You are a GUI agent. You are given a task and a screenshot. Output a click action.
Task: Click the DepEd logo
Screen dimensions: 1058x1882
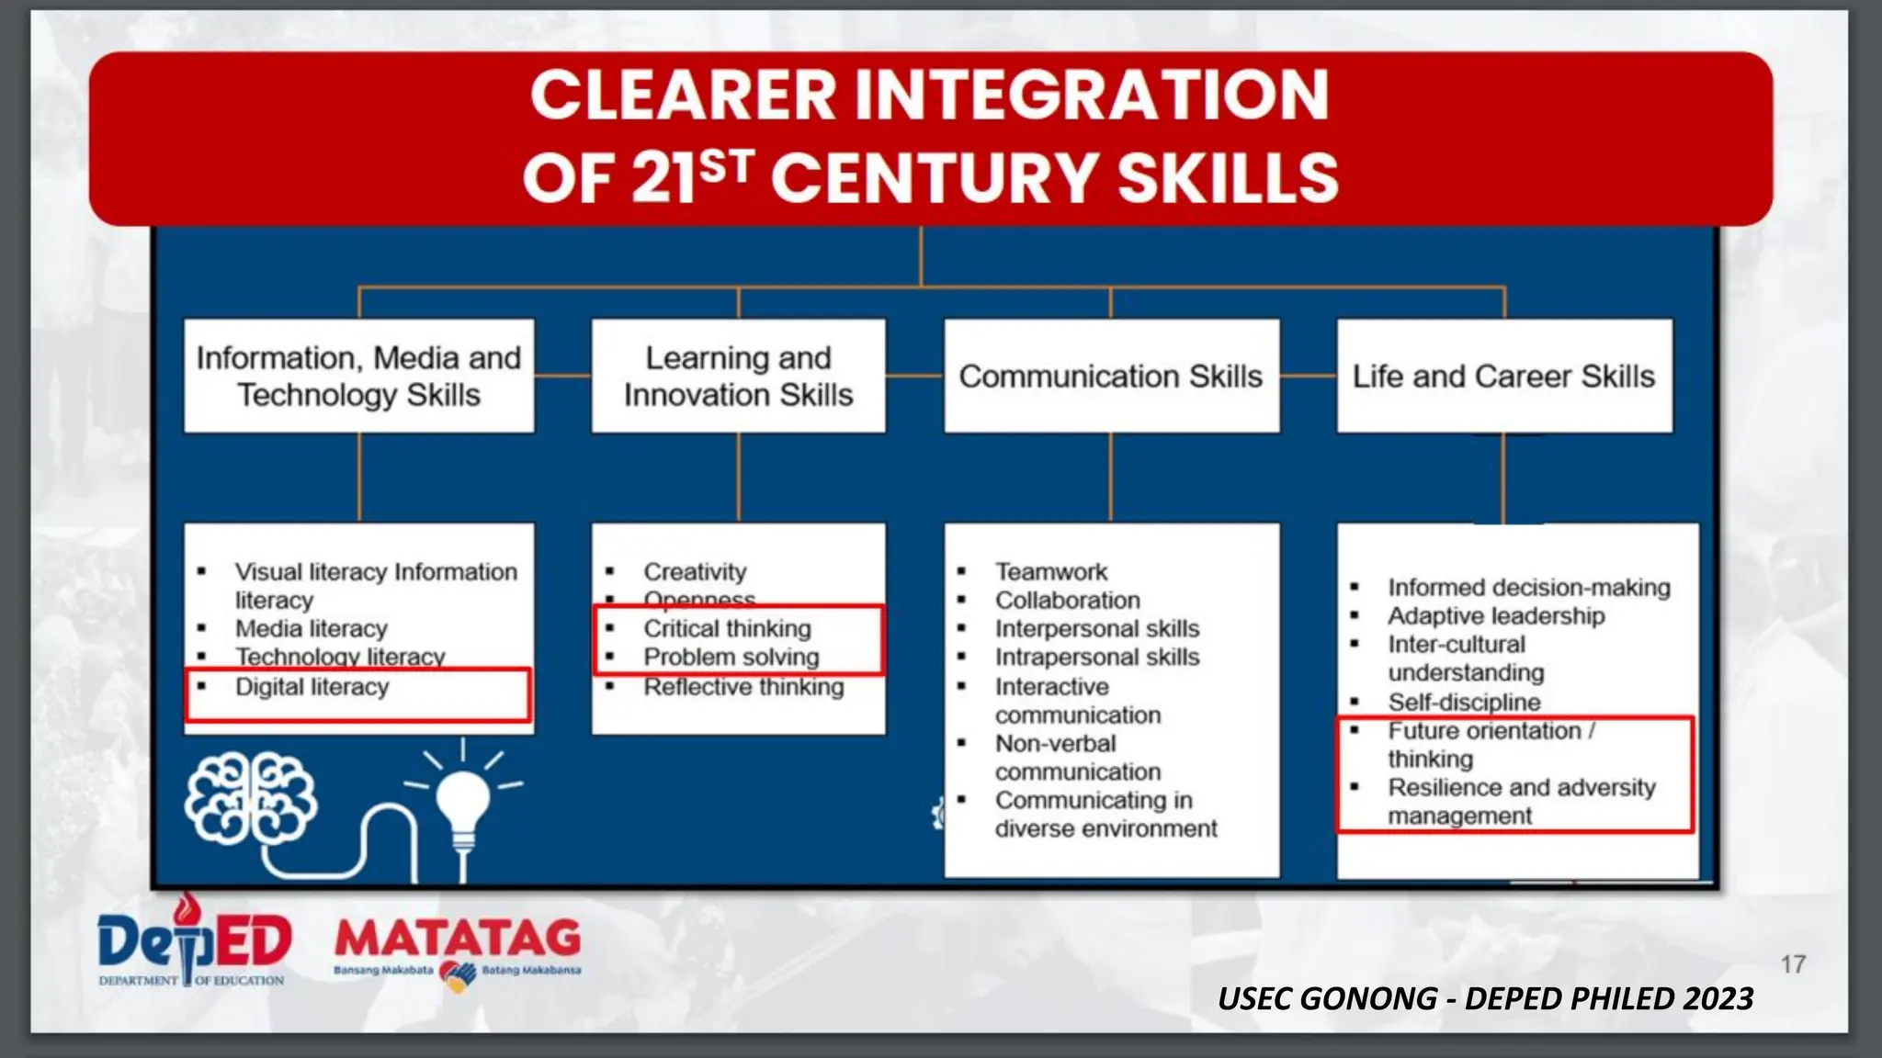click(194, 945)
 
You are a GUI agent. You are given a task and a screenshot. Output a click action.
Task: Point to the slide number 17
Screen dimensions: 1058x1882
click(1793, 964)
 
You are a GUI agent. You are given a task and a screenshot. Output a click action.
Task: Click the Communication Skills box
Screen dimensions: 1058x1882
click(1110, 377)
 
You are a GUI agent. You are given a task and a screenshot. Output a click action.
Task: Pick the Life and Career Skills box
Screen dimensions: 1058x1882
click(1503, 377)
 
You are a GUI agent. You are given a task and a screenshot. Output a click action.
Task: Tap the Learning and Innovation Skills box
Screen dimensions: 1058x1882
click(738, 377)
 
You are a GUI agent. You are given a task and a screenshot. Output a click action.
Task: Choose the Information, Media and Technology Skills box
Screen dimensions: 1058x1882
click(358, 377)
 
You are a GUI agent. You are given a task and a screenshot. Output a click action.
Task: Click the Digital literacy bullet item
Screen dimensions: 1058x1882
click(312, 687)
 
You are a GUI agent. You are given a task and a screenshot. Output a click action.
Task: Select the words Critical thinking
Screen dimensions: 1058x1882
click(727, 629)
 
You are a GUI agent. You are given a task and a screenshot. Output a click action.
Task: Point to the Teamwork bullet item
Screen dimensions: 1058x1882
click(1051, 572)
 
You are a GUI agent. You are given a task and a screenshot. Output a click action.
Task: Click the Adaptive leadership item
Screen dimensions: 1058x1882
click(1496, 616)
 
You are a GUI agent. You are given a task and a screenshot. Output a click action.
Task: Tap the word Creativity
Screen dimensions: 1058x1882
click(695, 572)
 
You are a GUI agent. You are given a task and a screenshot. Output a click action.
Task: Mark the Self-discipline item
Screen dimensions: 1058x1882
click(1464, 703)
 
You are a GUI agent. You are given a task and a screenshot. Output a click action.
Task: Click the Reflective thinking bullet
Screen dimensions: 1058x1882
click(743, 687)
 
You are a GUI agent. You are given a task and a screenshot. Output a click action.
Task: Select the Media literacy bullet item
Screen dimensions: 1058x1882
click(311, 629)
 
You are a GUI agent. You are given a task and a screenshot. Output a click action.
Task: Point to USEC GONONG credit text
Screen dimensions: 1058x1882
click(1484, 998)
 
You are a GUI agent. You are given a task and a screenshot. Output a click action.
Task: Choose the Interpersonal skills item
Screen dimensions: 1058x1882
click(1096, 629)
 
